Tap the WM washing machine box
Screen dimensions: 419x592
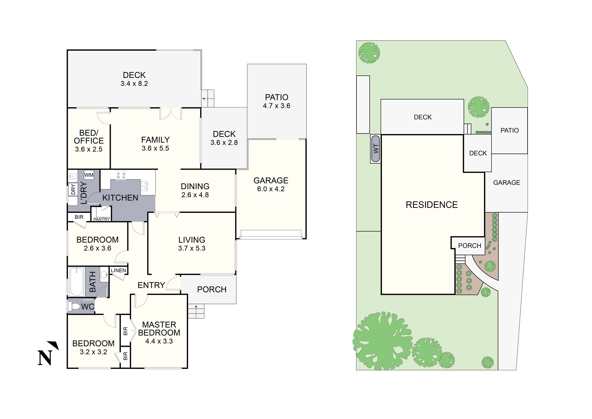point(89,175)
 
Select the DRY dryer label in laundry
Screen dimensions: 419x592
point(73,189)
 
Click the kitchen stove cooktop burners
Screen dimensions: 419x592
point(121,175)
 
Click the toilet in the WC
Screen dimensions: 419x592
point(75,306)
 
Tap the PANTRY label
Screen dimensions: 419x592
point(102,219)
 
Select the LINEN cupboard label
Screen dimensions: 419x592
point(118,270)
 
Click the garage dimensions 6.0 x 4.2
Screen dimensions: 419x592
point(271,189)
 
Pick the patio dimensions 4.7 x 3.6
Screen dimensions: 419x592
point(276,106)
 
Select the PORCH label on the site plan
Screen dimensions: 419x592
point(470,246)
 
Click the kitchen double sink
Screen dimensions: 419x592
point(144,186)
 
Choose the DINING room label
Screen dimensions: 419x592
point(195,186)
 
